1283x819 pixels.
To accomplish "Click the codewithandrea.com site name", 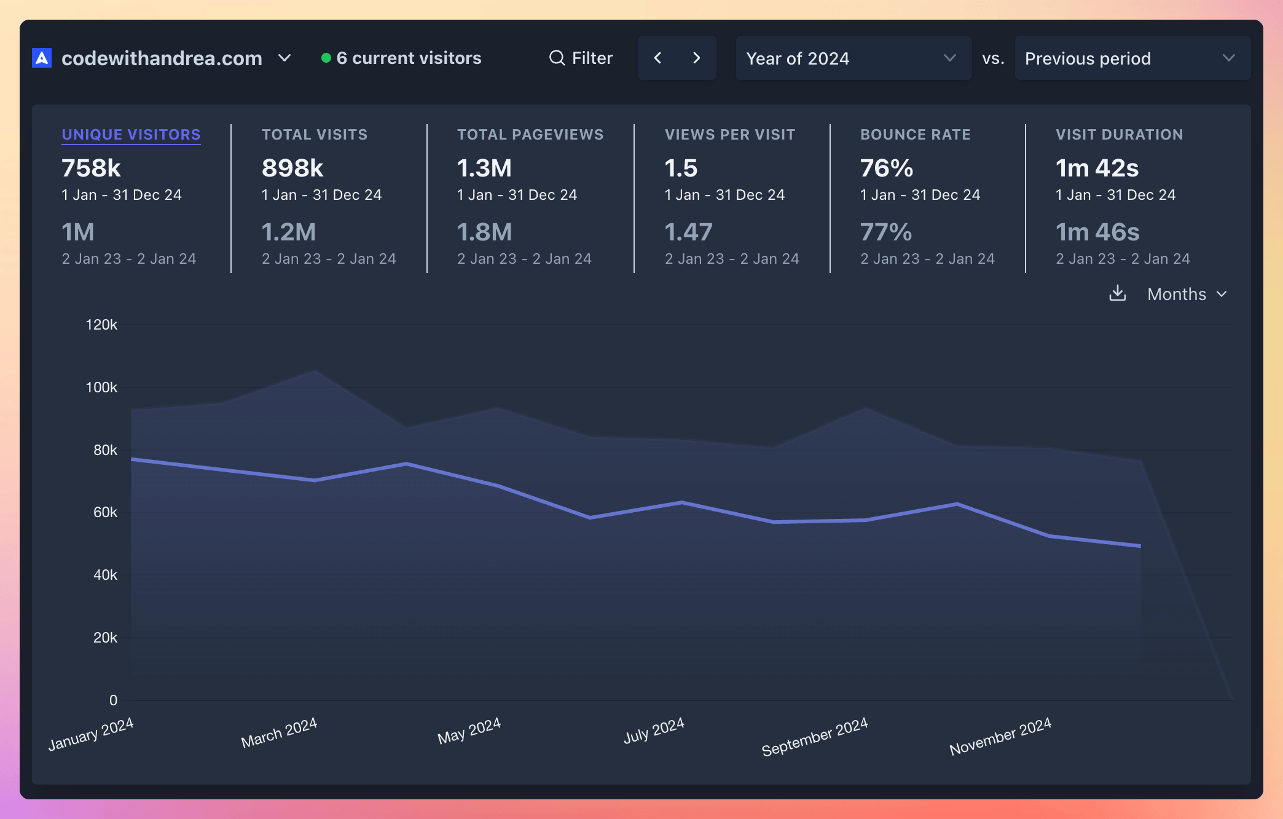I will click(162, 58).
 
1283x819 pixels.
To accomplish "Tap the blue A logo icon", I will click(42, 58).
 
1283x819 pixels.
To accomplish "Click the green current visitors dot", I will click(326, 58).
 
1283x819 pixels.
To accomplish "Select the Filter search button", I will click(581, 58).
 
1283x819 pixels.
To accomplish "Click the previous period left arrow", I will click(657, 58).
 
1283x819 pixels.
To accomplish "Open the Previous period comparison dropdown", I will click(1131, 58).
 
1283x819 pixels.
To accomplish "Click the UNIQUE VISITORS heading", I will click(131, 135).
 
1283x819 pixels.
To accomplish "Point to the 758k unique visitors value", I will click(92, 168).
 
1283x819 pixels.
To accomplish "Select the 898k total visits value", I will click(292, 168).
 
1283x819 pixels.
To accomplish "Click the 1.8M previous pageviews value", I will click(484, 232).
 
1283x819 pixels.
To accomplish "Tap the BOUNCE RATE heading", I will click(915, 135).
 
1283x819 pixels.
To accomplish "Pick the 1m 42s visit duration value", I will click(1097, 168).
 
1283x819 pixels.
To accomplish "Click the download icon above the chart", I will click(1118, 293).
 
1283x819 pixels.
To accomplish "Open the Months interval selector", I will click(1187, 294).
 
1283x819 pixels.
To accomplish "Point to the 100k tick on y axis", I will click(101, 387).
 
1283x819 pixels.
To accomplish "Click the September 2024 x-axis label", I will click(814, 736).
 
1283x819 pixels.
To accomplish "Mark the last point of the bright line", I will click(1140, 545).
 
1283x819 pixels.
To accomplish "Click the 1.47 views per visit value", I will click(688, 232).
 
